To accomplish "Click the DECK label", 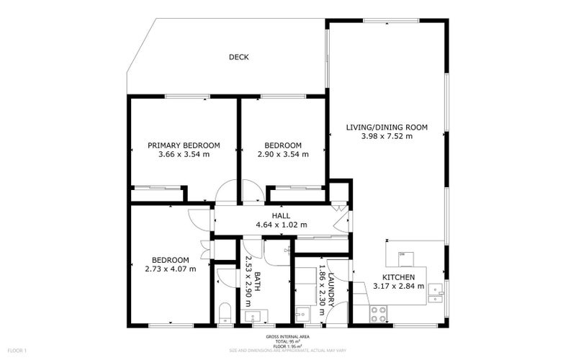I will click(x=239, y=58).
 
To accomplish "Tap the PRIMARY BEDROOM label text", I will click(x=184, y=145).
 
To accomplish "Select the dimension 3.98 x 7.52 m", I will click(x=387, y=136).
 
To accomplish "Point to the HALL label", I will click(x=281, y=215).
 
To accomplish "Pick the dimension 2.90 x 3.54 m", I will click(x=283, y=154).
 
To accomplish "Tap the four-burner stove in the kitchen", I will click(x=379, y=313).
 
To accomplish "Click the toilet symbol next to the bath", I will click(x=225, y=313).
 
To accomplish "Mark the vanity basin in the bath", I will click(x=253, y=315).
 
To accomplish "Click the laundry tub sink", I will click(x=302, y=315).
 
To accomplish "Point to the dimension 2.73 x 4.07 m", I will click(x=170, y=269).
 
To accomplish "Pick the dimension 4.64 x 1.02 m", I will click(x=281, y=225).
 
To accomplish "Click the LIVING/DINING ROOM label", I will click(x=387, y=127).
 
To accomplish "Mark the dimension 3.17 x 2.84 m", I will click(x=397, y=287).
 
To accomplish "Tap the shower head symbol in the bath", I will click(x=287, y=250).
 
